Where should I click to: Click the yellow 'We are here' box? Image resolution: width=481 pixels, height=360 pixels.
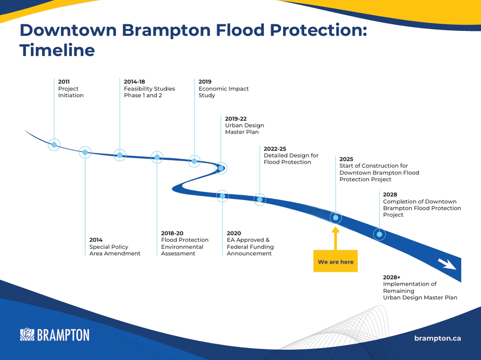335,261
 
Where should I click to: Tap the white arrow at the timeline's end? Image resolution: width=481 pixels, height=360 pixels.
447,264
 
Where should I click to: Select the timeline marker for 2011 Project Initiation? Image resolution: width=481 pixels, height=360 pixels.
54,145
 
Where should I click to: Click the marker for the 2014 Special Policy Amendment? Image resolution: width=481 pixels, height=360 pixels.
85,152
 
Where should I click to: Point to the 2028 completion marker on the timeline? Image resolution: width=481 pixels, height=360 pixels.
379,234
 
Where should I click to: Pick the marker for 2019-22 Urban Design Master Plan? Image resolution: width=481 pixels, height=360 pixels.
221,168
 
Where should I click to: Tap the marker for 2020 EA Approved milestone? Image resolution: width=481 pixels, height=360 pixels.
222,196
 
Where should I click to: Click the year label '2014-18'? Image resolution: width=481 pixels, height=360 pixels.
134,82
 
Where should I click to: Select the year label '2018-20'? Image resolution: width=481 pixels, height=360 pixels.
172,233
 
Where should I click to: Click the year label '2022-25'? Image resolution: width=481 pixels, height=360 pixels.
275,149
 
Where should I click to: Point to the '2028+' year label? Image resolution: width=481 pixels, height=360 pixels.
392,277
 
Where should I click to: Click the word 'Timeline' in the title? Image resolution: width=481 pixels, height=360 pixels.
57,50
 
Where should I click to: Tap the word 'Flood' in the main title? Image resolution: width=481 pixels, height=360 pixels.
240,30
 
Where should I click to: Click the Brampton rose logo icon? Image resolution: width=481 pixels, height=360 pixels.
27,334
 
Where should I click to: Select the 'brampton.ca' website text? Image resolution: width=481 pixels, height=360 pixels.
437,338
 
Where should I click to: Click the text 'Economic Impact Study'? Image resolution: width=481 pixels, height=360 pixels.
224,92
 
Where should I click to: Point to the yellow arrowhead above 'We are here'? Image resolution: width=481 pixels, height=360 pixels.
335,229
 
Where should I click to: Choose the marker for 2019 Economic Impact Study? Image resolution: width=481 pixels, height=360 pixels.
194,161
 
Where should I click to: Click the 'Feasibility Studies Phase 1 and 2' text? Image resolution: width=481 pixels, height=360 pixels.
150,92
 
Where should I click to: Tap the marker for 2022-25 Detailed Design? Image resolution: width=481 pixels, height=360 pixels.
260,199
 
